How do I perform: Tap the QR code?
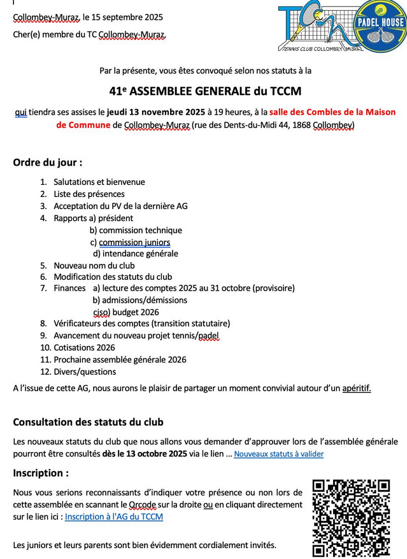click(351, 518)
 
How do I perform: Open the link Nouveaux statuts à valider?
click(278, 454)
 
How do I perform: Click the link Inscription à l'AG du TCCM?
click(114, 517)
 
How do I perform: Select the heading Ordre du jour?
click(48, 163)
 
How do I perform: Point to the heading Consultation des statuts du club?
click(88, 422)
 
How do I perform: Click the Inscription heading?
click(41, 474)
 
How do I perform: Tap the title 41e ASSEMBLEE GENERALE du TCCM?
click(205, 91)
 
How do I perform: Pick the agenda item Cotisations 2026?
click(84, 347)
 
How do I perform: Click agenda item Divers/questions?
click(85, 372)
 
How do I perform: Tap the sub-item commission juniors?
click(134, 242)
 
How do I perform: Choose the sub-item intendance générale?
click(140, 254)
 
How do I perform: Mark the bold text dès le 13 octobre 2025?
click(145, 454)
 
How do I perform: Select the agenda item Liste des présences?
click(89, 194)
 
